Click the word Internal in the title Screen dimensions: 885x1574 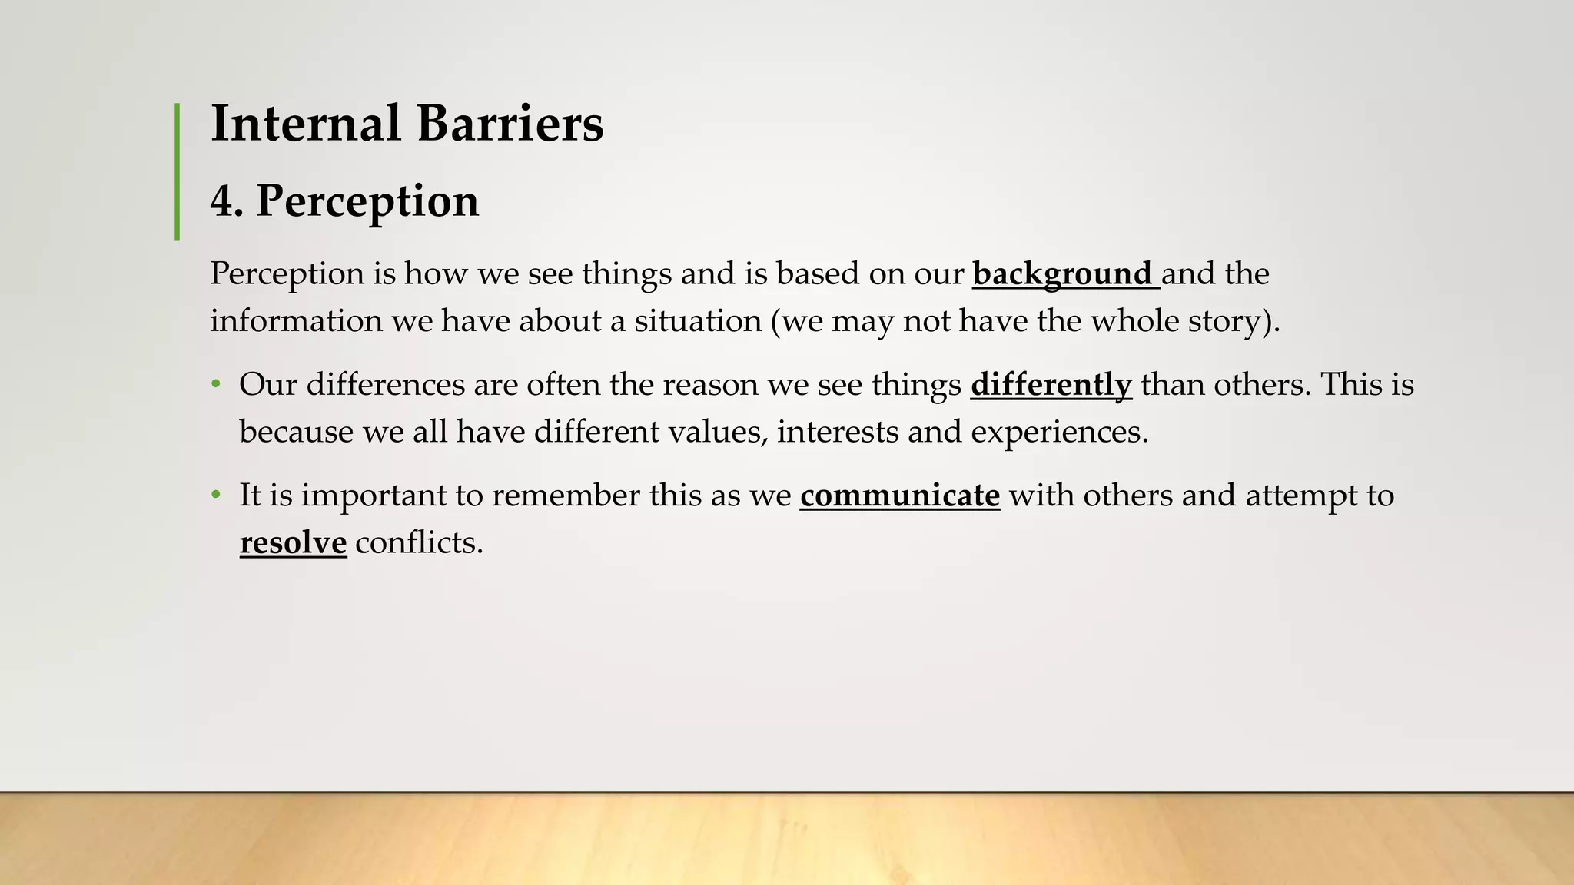pos(305,123)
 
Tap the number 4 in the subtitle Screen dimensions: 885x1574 pos(221,201)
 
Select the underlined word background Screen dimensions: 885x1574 pos(1062,274)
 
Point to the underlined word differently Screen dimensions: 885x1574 pos(1051,385)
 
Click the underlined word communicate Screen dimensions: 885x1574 pos(899,496)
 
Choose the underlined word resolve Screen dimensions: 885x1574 pos(293,543)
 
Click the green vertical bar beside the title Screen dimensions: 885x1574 pos(178,172)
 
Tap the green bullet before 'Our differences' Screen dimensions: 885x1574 pos(217,384)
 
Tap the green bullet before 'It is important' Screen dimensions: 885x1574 pos(217,495)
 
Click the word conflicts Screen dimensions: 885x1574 pos(418,543)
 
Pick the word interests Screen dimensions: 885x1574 pos(837,432)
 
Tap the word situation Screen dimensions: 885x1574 pos(698,321)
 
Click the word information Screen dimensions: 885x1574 pos(296,321)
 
